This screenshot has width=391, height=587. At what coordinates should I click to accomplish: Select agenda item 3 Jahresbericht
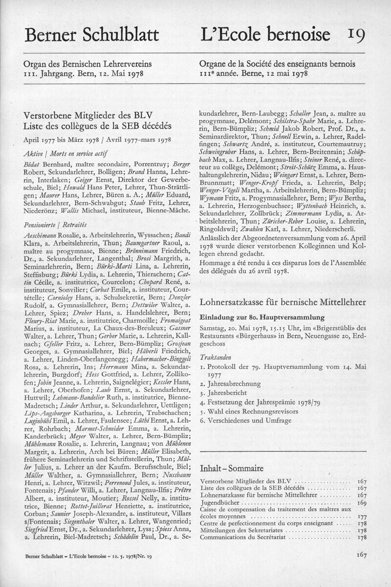(227, 393)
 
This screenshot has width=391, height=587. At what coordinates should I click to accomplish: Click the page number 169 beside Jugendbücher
(362, 503)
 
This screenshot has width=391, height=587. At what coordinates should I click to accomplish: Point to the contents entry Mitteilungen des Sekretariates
(244, 530)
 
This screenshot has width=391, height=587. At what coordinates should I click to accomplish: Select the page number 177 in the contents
(362, 517)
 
